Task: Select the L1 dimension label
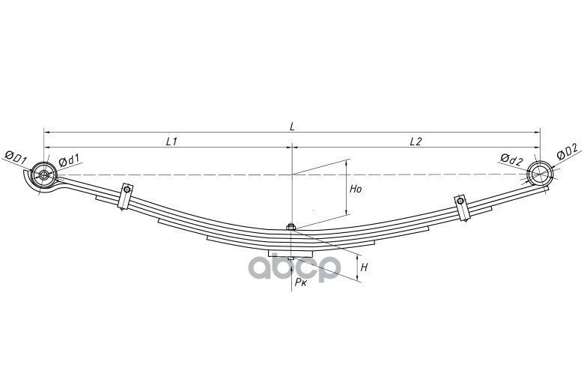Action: (x=171, y=141)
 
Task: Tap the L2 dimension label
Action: (x=416, y=141)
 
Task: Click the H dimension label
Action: (x=363, y=267)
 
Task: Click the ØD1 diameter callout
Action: (x=16, y=157)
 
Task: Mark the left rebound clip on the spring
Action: (x=125, y=198)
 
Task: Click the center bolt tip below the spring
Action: (x=291, y=260)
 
